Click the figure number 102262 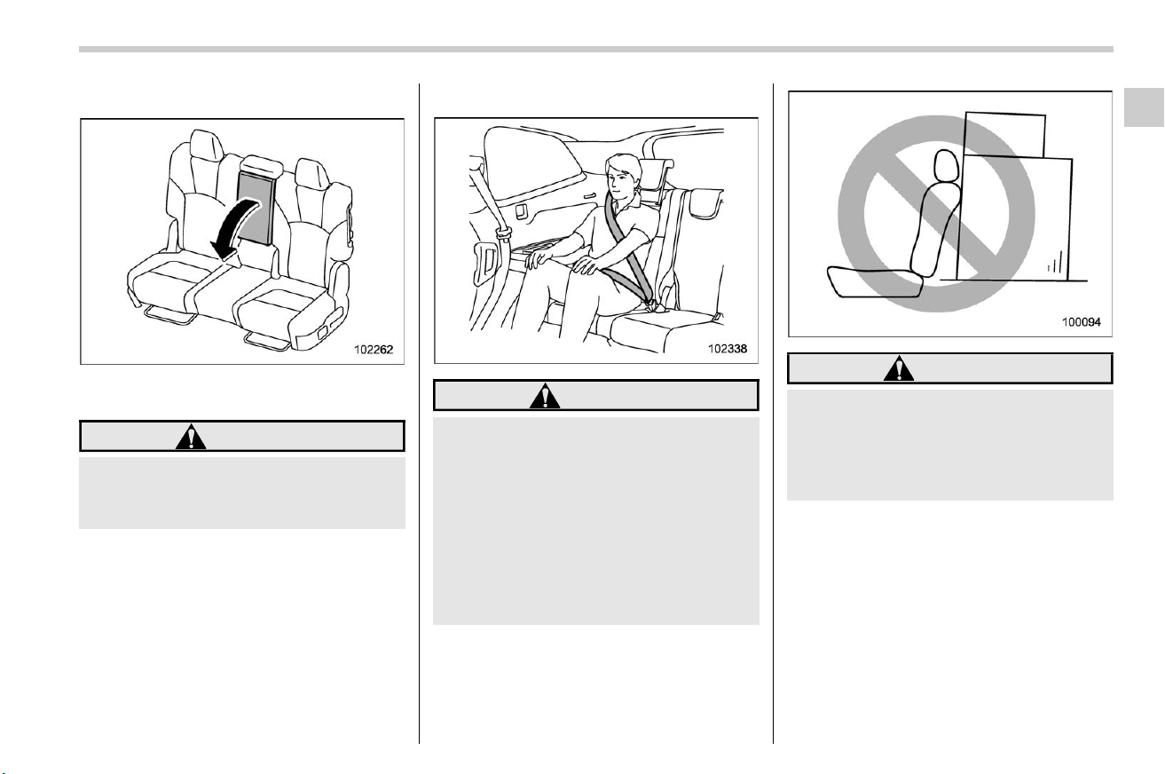pyautogui.click(x=374, y=350)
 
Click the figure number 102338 pyautogui.click(x=727, y=349)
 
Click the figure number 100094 pyautogui.click(x=1082, y=322)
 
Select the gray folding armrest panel pyautogui.click(x=255, y=208)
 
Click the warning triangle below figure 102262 pyautogui.click(x=191, y=437)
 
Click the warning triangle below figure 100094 pyautogui.click(x=899, y=368)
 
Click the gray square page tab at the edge pyautogui.click(x=1144, y=107)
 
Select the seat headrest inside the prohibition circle pyautogui.click(x=947, y=165)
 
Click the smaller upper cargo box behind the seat pyautogui.click(x=1004, y=134)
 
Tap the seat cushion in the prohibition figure pyautogui.click(x=875, y=281)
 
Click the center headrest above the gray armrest pyautogui.click(x=263, y=165)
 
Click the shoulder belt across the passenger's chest pyautogui.click(x=626, y=244)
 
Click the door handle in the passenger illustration pyautogui.click(x=589, y=195)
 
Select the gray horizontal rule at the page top pyautogui.click(x=596, y=50)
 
